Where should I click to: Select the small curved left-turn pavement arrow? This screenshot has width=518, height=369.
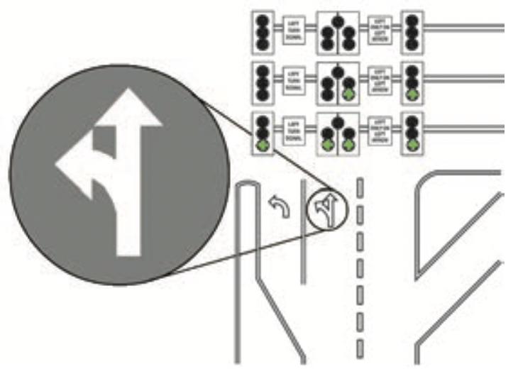[280, 206]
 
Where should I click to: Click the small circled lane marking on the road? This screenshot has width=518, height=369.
[325, 209]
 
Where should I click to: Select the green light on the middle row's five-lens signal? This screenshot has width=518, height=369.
[348, 92]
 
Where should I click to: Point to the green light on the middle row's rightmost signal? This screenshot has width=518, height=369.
[412, 94]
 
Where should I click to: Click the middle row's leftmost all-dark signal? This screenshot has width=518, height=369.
[263, 81]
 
